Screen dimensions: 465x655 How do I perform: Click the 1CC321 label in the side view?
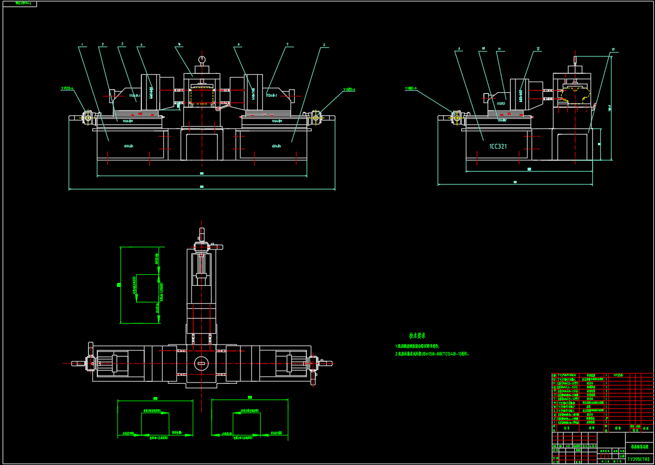(498, 146)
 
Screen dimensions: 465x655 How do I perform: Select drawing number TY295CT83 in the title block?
(639, 459)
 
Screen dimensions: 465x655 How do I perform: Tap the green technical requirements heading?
(417, 335)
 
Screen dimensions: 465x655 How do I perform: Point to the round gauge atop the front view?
(202, 59)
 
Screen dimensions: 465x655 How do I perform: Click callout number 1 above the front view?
(82, 44)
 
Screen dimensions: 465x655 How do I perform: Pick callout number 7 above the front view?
(287, 44)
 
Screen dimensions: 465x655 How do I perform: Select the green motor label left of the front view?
(67, 89)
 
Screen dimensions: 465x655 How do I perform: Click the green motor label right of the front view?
(349, 89)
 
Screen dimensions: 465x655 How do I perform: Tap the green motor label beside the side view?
(411, 89)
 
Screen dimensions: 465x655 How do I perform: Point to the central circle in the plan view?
(201, 362)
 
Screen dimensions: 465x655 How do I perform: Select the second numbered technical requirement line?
(432, 354)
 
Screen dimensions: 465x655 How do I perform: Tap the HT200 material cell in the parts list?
(618, 375)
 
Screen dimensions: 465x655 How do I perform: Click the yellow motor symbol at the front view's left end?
(88, 118)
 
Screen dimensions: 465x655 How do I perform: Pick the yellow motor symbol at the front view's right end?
(316, 118)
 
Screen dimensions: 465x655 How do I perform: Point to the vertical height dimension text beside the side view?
(609, 107)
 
